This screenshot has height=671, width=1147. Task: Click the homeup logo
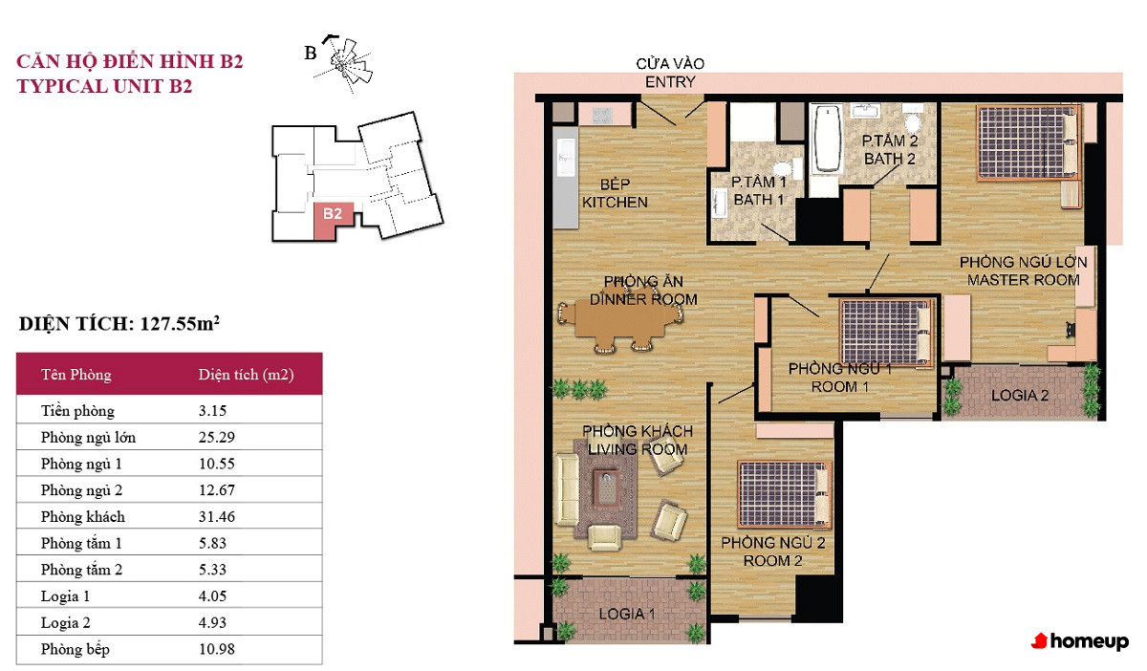pyautogui.click(x=1079, y=641)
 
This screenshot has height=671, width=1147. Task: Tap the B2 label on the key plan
pyautogui.click(x=333, y=213)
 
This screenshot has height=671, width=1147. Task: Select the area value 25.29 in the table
pyautogui.click(x=217, y=438)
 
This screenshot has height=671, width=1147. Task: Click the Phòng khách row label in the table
pyautogui.click(x=83, y=517)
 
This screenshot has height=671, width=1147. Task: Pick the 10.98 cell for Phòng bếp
pyautogui.click(x=217, y=649)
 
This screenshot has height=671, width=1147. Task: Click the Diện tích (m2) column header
pyautogui.click(x=246, y=375)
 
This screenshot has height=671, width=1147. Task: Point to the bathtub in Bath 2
pyautogui.click(x=827, y=139)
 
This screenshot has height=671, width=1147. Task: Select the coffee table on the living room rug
pyautogui.click(x=607, y=488)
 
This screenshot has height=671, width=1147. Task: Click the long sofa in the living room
pyautogui.click(x=566, y=489)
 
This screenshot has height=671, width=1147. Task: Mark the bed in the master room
pyautogui.click(x=1028, y=143)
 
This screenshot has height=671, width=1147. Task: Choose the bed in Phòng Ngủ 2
pyautogui.click(x=784, y=494)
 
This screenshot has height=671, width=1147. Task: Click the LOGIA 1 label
pyautogui.click(x=627, y=614)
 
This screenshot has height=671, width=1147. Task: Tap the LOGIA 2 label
pyautogui.click(x=1020, y=396)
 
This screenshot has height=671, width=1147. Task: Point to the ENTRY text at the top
pyautogui.click(x=670, y=82)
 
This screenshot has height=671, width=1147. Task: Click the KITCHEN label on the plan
pyautogui.click(x=615, y=203)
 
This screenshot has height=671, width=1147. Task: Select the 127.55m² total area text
pyautogui.click(x=180, y=323)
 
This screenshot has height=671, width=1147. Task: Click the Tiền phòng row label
pyautogui.click(x=77, y=411)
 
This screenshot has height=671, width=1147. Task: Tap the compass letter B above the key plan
pyautogui.click(x=311, y=53)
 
